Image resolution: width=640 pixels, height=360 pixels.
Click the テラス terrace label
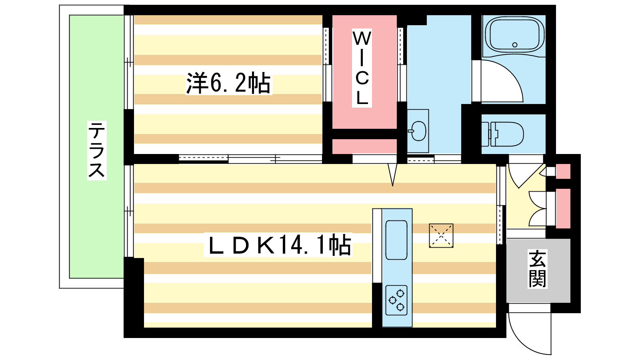(x=96, y=150)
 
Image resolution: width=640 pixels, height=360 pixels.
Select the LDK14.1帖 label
(x=278, y=245)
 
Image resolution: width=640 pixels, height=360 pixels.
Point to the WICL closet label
(x=362, y=68)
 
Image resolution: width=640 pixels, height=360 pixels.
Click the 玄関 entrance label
(x=538, y=269)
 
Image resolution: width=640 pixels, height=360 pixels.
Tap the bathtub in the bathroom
(x=514, y=36)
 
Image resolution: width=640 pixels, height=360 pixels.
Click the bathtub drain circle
(x=515, y=44)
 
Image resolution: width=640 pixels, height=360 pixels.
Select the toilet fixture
(x=503, y=134)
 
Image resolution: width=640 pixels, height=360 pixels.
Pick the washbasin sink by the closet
(x=418, y=131)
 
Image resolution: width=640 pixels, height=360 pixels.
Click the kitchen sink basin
(x=396, y=240)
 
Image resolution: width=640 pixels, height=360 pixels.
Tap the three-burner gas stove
(x=396, y=300)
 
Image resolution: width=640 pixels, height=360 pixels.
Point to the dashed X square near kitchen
(x=441, y=236)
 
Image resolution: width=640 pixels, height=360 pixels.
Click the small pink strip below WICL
(x=364, y=146)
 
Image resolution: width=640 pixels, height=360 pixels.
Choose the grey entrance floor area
(x=538, y=270)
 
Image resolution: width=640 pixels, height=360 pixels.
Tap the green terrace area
(x=96, y=146)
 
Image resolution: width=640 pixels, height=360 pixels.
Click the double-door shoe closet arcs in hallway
(x=538, y=209)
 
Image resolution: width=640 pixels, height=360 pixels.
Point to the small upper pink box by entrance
(x=563, y=171)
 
